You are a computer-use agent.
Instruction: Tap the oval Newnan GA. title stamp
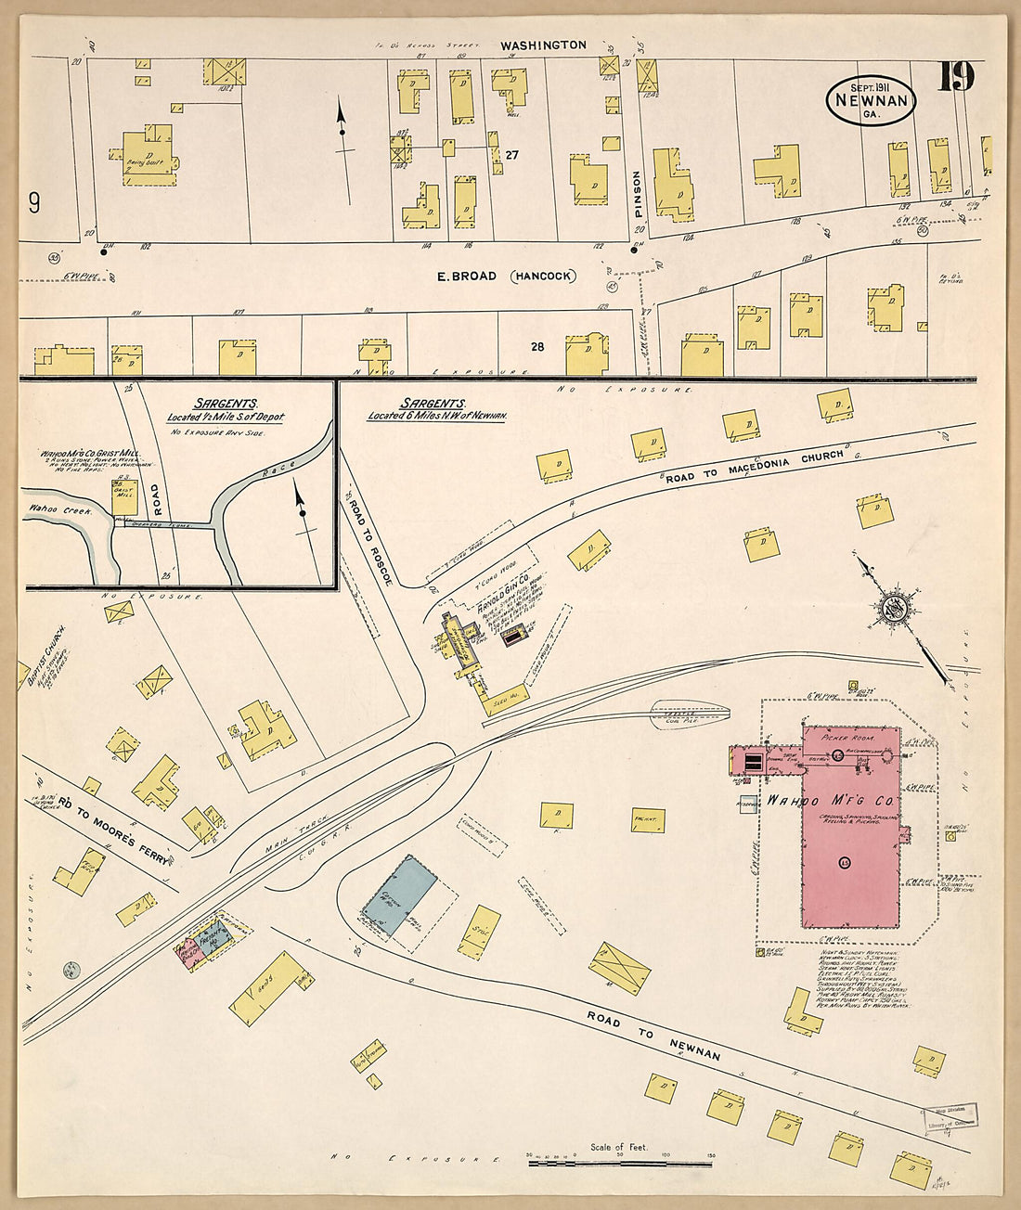tap(871, 100)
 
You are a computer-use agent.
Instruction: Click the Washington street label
tap(543, 45)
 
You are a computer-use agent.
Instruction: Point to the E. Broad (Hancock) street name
tap(506, 276)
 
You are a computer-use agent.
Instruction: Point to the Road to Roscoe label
tap(370, 541)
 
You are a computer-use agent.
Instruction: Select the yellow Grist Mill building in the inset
tap(124, 497)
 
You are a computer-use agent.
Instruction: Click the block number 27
tap(511, 155)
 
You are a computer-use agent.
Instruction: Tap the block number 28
tap(536, 346)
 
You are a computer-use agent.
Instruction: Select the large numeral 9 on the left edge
tap(33, 202)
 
